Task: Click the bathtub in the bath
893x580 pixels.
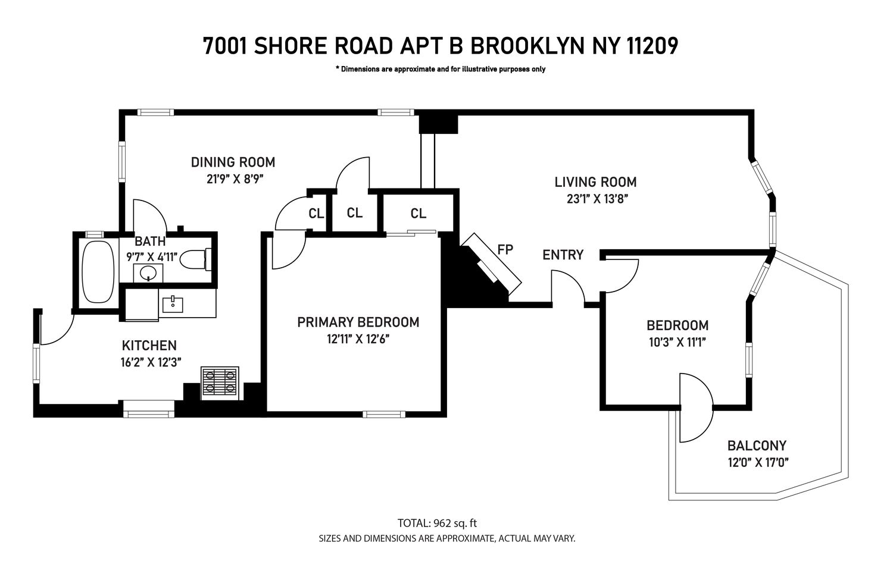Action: (x=98, y=271)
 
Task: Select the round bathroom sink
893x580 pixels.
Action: (x=148, y=273)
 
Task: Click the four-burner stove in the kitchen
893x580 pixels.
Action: (x=220, y=381)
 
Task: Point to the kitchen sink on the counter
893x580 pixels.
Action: (x=173, y=304)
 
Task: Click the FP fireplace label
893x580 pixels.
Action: (x=505, y=249)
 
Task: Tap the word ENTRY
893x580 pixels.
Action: (x=563, y=255)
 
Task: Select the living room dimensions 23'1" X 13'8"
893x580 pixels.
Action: (x=597, y=199)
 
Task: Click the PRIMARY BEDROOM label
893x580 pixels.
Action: (x=358, y=322)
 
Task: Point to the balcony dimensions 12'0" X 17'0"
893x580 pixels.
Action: (x=757, y=462)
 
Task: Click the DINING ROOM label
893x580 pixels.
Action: (x=233, y=162)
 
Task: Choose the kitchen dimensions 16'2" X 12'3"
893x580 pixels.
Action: (x=150, y=362)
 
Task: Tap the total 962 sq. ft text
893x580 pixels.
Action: (x=437, y=523)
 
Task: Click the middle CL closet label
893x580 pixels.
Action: (x=354, y=212)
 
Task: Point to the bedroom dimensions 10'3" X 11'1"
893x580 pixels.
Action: (x=677, y=342)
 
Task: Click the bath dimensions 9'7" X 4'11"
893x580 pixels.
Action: (x=152, y=257)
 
